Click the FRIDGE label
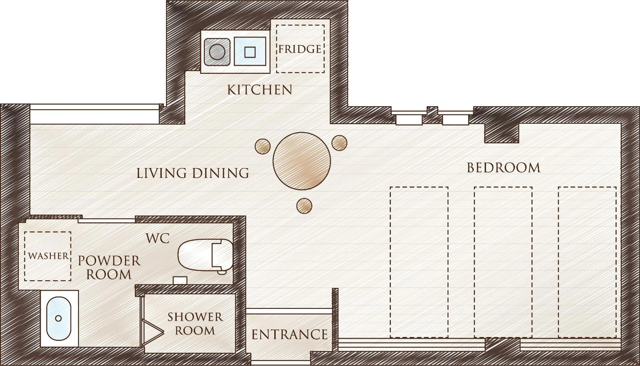coord(300,49)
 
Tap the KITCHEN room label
coord(260,90)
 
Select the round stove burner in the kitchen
coord(217,52)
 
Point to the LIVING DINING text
coord(193,173)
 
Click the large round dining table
coord(302,161)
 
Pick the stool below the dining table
coord(304,206)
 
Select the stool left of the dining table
coord(262,146)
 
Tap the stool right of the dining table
coord(339,143)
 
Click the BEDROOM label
coord(504,168)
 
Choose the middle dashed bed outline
coord(503,262)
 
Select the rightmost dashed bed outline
coord(587,262)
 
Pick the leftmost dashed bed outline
coord(419,262)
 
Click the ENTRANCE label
coord(290,335)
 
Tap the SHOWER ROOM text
coord(195,324)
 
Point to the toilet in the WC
coord(205,256)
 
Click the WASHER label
coord(48,256)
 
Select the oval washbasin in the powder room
coord(59,319)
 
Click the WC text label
coord(158,239)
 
